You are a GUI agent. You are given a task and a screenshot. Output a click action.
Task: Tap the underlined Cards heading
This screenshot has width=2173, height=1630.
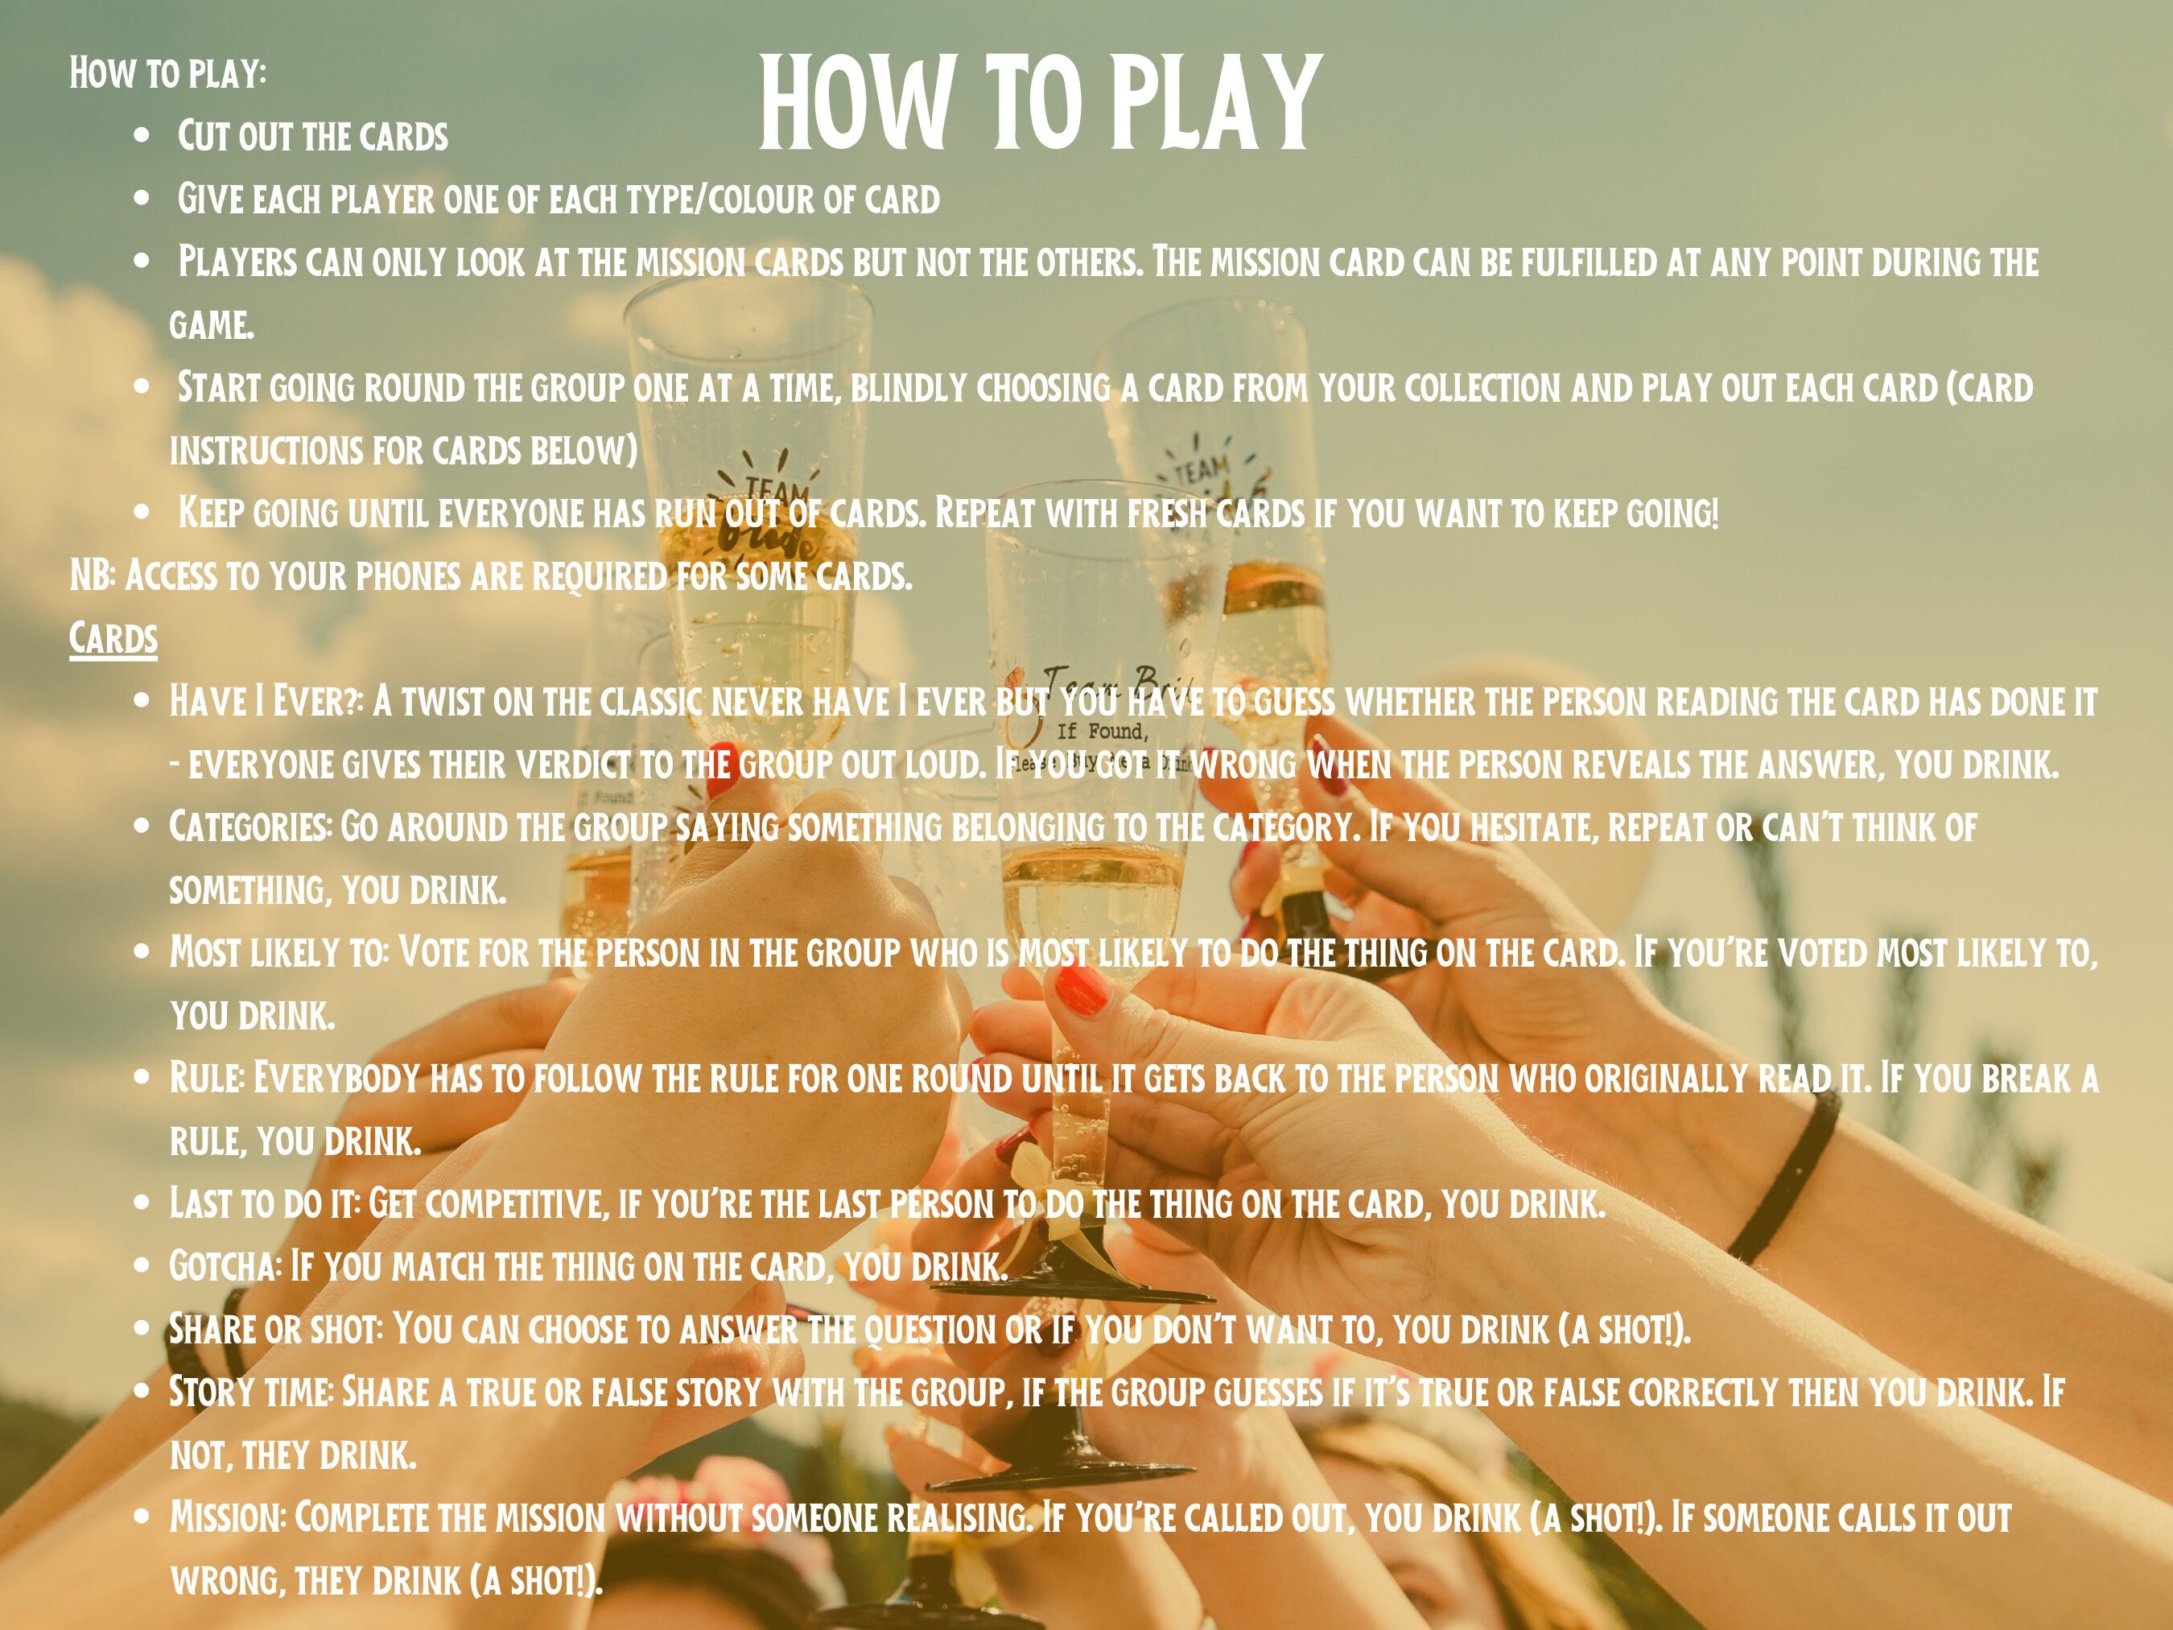pos(113,638)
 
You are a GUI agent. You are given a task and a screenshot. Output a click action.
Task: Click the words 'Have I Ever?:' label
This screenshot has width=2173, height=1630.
pos(266,702)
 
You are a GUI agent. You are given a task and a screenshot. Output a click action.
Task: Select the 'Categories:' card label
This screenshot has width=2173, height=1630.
pos(250,827)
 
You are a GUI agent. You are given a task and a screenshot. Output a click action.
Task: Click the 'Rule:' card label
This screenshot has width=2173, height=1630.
pos(206,1078)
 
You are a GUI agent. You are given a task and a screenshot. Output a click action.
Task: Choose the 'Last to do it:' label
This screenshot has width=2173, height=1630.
pos(264,1203)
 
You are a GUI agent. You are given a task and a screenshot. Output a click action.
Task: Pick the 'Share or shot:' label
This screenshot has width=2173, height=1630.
pos(275,1329)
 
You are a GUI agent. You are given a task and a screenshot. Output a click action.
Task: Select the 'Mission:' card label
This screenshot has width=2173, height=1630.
pos(228,1517)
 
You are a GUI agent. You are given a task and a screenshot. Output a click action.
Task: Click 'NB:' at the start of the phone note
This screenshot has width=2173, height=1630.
pos(93,576)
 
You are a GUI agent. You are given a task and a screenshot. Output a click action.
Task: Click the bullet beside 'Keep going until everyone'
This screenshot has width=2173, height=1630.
pos(143,512)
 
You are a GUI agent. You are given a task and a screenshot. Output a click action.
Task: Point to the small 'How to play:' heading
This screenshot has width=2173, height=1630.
pos(167,72)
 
